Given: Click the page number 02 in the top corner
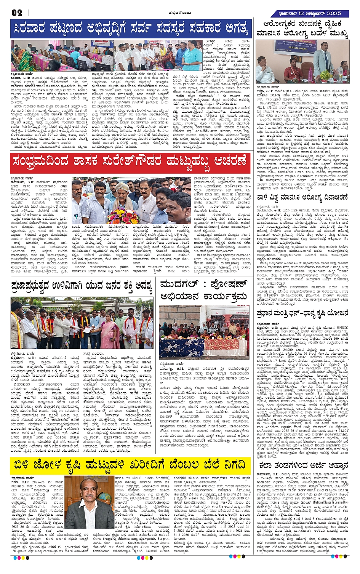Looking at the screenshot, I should pyautogui.click(x=17, y=13).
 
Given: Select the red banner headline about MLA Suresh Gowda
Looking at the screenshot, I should pyautogui.click(x=130, y=161).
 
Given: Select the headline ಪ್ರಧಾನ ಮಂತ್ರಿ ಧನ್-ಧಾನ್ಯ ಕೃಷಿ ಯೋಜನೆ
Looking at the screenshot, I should pyautogui.click(x=302, y=313).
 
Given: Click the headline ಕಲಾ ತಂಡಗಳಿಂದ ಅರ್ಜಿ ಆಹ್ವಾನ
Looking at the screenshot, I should pyautogui.click(x=303, y=465).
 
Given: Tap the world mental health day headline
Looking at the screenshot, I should pyautogui.click(x=302, y=197).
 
